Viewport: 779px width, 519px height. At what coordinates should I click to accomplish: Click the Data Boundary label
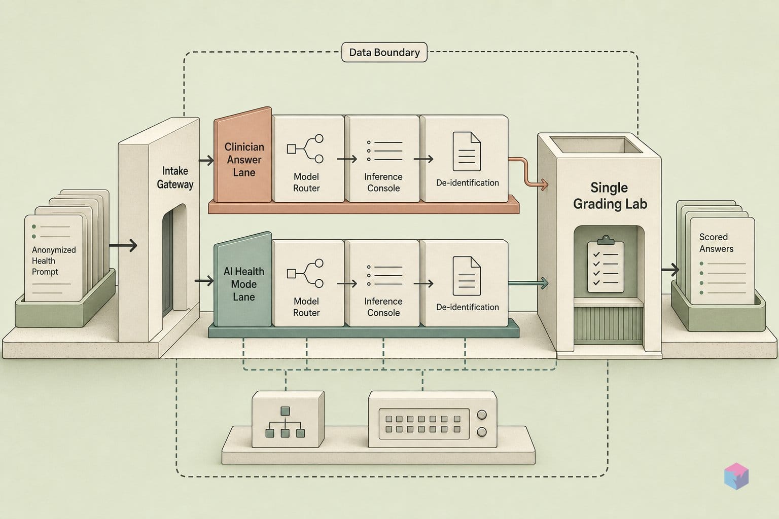tap(384, 52)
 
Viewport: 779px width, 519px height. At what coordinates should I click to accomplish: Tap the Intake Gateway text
tap(175, 177)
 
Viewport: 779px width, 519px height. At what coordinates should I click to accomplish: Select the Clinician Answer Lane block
tap(243, 155)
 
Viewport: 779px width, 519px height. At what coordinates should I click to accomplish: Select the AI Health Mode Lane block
tap(243, 280)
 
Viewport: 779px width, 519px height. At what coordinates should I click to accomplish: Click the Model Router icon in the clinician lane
tap(305, 149)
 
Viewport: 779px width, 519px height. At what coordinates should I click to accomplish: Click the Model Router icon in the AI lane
tap(305, 273)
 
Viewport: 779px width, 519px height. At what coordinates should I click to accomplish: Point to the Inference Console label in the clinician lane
tap(383, 182)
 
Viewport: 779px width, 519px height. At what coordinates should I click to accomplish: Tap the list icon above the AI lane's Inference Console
tap(384, 276)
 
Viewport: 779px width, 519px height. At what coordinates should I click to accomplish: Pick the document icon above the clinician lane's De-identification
tap(467, 151)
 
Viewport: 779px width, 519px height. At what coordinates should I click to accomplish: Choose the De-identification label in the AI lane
tap(468, 307)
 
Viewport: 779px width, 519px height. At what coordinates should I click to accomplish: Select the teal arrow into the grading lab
tap(528, 283)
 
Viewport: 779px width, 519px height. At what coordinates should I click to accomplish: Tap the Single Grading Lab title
tap(610, 196)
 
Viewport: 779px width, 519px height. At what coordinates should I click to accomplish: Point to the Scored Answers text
tap(716, 243)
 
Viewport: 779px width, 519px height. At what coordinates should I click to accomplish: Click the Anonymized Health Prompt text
tap(54, 261)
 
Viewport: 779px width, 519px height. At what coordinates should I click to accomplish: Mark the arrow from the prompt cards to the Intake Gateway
tap(123, 245)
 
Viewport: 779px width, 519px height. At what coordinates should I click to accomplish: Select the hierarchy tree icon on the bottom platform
tap(285, 422)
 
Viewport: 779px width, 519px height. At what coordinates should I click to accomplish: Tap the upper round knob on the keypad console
tap(482, 415)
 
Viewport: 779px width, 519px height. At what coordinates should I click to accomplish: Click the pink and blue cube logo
tap(736, 476)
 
